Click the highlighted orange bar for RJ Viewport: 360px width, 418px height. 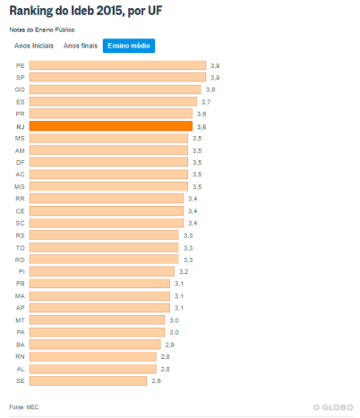coord(110,127)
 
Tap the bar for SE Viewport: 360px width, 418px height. coord(88,380)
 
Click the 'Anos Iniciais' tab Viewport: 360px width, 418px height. coord(34,45)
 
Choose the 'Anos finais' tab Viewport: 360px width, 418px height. coord(80,45)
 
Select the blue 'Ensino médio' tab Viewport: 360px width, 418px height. coord(128,45)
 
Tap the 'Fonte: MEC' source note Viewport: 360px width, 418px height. coord(24,407)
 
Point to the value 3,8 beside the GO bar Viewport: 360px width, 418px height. coord(210,90)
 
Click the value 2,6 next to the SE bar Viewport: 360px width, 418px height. coord(156,380)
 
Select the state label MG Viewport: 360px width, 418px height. coord(20,186)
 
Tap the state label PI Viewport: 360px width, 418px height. coord(21,271)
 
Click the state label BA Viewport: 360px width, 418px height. coord(20,344)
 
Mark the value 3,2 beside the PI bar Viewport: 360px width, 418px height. coord(183,271)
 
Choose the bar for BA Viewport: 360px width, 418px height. coord(95,344)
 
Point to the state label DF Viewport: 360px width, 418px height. coord(20,162)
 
